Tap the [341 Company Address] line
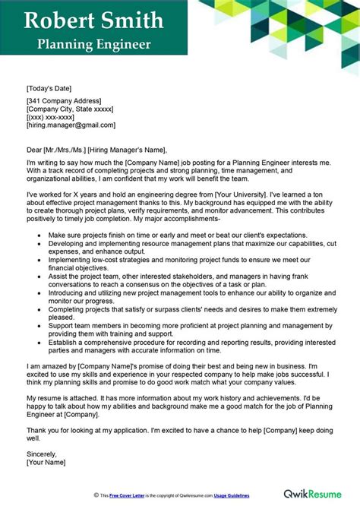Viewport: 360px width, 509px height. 63,100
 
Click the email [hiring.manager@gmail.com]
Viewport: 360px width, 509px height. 71,125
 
